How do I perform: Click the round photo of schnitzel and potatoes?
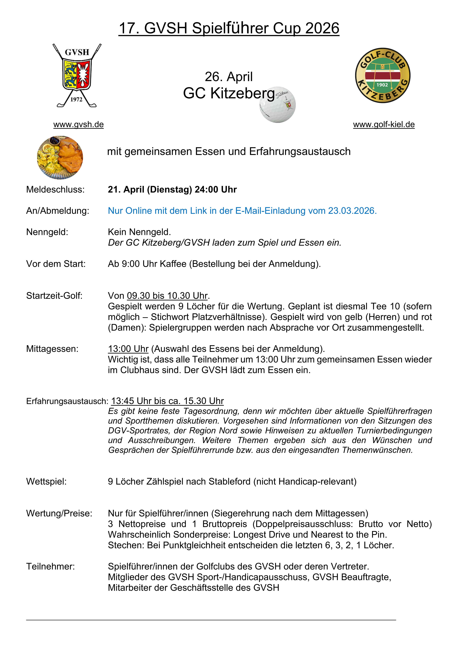[60, 157]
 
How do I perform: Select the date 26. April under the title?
[229, 77]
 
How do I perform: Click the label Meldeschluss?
[55, 189]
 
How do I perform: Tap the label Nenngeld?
[47, 232]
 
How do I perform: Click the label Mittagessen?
[52, 349]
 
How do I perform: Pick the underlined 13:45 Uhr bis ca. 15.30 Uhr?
[167, 401]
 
